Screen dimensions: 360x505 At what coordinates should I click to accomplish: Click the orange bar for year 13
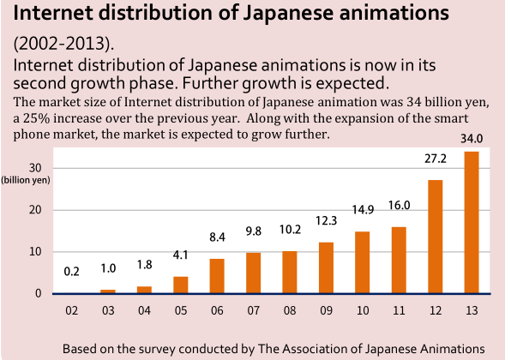[471, 223]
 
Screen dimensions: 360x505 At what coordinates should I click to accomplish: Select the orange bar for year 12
[435, 237]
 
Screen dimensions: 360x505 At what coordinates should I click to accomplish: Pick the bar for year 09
[326, 267]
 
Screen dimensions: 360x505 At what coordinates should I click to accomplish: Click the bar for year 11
[399, 260]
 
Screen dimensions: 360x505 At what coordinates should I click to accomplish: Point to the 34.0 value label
[471, 138]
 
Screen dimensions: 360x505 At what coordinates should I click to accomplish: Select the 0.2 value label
[72, 272]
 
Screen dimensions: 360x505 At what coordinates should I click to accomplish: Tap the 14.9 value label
[362, 211]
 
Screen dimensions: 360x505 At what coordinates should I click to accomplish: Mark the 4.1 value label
[181, 255]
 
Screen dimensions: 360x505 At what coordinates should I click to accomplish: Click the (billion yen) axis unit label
[26, 180]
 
